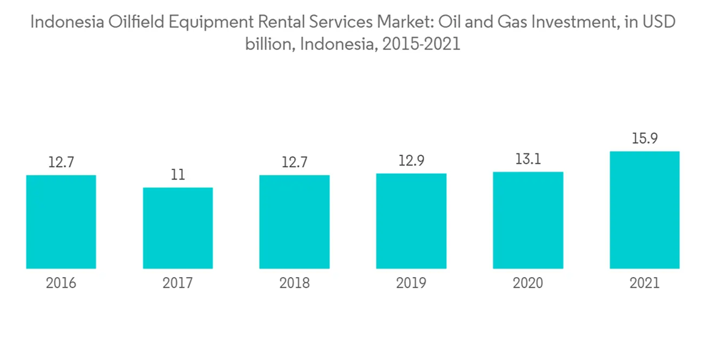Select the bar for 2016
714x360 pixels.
(x=61, y=221)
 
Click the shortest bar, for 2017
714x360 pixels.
(x=178, y=228)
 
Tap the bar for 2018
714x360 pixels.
(x=294, y=221)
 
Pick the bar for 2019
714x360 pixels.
(x=411, y=221)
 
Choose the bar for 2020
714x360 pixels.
(x=528, y=220)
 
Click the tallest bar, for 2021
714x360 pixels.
(x=645, y=210)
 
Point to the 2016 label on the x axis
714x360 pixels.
(x=61, y=284)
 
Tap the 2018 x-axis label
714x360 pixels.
(x=294, y=284)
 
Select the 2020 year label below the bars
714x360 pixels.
(x=528, y=284)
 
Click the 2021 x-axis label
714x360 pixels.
(x=645, y=284)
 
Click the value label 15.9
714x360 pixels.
(x=645, y=139)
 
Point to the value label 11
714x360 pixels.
(x=178, y=175)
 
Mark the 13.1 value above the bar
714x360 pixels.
(x=528, y=159)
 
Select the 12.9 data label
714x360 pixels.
(x=411, y=161)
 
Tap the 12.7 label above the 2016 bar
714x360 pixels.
(x=61, y=162)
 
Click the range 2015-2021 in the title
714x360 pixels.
(x=421, y=44)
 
